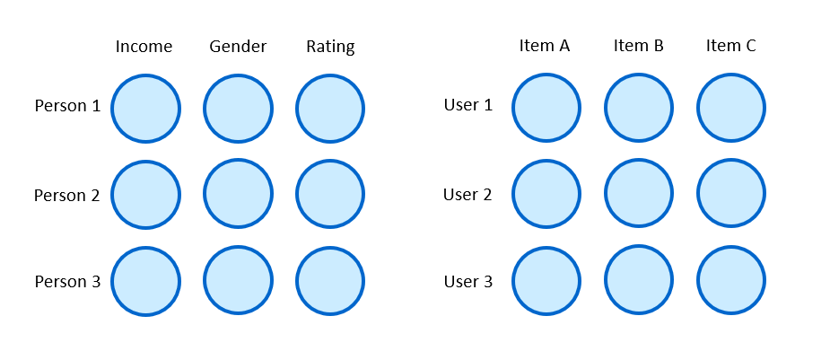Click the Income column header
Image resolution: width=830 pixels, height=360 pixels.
click(x=144, y=47)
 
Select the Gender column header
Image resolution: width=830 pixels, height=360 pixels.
click(x=238, y=47)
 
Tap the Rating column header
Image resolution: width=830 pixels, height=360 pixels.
click(x=330, y=47)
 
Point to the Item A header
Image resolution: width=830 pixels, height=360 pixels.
click(x=545, y=46)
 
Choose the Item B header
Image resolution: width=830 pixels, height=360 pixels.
click(x=639, y=46)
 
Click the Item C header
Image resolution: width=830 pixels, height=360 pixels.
click(x=730, y=46)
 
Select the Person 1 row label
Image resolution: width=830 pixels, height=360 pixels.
click(x=67, y=106)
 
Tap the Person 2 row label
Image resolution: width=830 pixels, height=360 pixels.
click(x=67, y=195)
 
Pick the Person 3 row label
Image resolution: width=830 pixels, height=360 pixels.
click(x=67, y=282)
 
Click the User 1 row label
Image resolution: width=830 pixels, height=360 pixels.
click(x=468, y=105)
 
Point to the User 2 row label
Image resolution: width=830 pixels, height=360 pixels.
click(x=468, y=194)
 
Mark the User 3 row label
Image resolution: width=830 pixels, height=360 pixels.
click(x=468, y=282)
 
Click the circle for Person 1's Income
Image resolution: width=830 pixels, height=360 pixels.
click(x=146, y=108)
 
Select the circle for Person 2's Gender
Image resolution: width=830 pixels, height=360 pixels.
click(x=238, y=194)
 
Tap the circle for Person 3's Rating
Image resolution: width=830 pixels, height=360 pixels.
click(x=330, y=281)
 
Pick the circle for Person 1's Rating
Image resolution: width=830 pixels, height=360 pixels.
click(x=330, y=108)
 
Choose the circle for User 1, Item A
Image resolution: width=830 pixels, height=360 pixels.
click(x=546, y=108)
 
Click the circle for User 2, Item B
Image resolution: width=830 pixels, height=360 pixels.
click(x=639, y=194)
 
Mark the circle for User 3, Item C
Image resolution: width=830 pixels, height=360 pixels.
click(x=731, y=281)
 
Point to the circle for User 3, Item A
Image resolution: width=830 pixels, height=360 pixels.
click(x=546, y=281)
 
